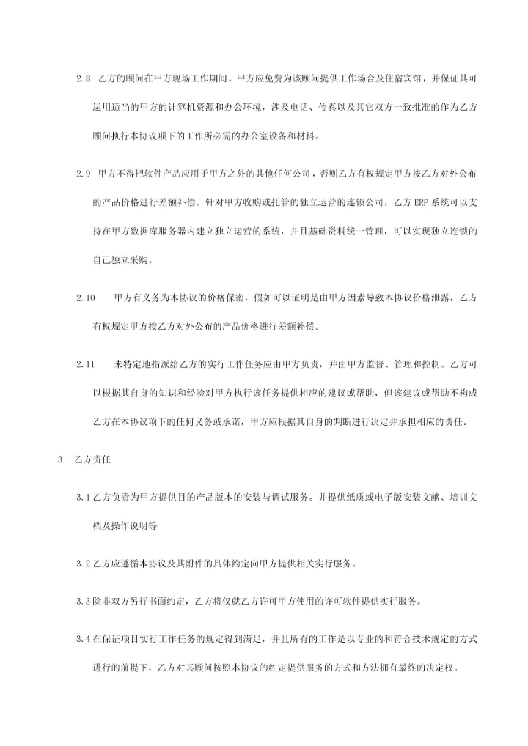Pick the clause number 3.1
(82, 497)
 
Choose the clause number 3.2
(82, 564)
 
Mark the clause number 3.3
(82, 601)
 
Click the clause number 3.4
(82, 639)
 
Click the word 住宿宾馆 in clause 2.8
(397, 78)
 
